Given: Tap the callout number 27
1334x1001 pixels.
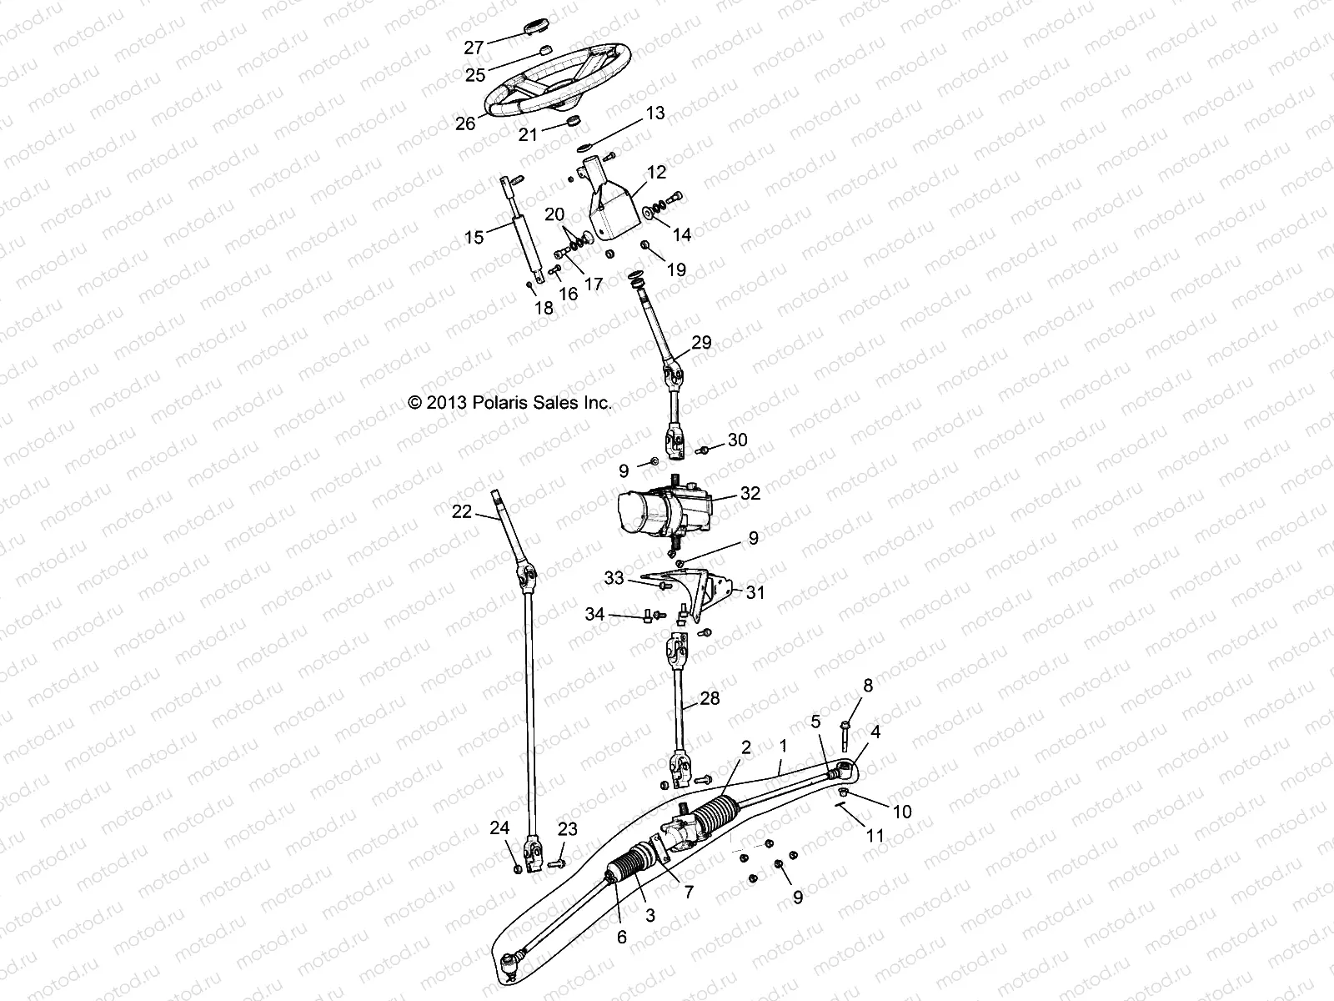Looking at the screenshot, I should [474, 46].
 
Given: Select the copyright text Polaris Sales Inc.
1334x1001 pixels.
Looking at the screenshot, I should [509, 402].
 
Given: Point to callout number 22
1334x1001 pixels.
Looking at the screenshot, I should [462, 511].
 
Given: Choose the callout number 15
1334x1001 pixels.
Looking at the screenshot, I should [474, 238].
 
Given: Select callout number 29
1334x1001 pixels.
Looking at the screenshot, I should [701, 342].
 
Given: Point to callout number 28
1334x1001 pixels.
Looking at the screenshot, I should [710, 698].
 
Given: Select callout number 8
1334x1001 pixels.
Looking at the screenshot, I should [868, 686].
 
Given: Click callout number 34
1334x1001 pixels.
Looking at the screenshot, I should [594, 615].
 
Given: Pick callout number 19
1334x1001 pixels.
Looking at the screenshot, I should [676, 269].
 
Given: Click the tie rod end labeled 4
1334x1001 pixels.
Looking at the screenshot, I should [845, 767].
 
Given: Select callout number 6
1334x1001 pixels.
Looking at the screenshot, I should [621, 938].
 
